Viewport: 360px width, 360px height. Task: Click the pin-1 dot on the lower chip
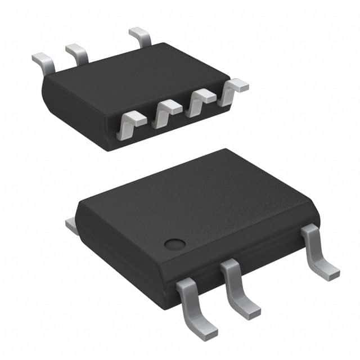(x=175, y=244)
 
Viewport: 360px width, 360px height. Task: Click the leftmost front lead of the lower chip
(x=195, y=307)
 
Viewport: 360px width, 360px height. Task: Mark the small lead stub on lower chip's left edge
(x=71, y=225)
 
